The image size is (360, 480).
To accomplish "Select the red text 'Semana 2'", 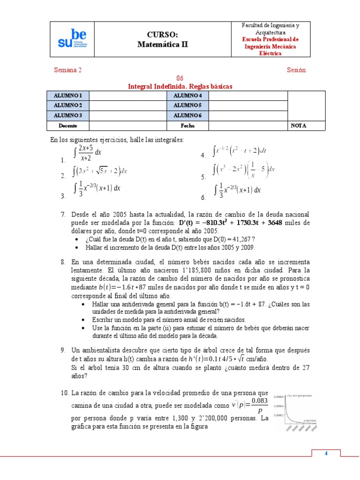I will pos(68,70).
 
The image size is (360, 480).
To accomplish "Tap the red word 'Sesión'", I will pos(296,70).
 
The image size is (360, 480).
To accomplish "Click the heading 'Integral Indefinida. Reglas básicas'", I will pos(180,86).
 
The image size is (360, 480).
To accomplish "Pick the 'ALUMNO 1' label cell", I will pos(68,96).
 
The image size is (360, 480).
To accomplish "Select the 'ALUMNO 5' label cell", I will pos(187,105).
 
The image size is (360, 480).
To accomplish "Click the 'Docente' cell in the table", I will pos(68,126).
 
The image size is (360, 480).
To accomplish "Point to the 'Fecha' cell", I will pos(187,126).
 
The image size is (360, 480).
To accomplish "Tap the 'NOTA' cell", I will pos(299,126).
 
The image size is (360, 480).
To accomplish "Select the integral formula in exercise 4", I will pos(240,151).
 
